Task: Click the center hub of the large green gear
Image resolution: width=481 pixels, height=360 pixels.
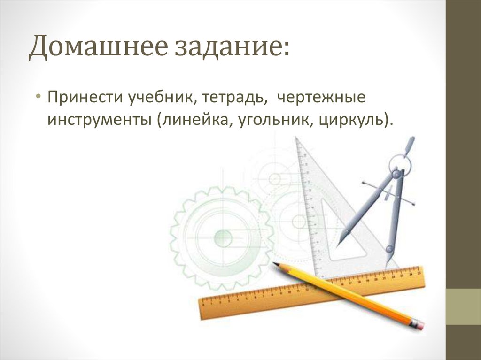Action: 223,238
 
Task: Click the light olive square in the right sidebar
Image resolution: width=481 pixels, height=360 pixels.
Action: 463,306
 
